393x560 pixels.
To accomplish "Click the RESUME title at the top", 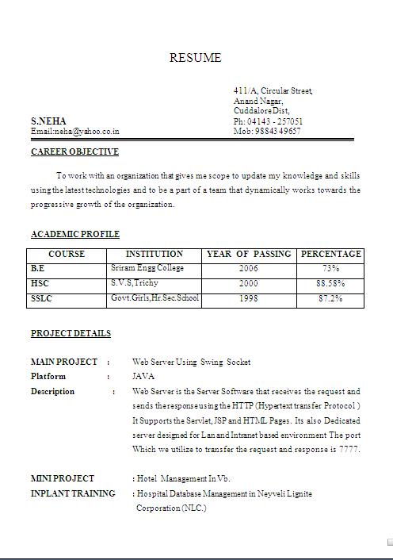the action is tap(195, 58).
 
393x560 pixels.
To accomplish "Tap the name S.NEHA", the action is tap(48, 121).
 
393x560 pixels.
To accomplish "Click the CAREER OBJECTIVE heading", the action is tap(74, 152).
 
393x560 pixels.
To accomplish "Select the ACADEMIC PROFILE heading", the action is tap(75, 234).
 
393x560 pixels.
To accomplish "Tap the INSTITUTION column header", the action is tap(155, 254).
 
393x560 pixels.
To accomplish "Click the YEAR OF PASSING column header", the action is tap(249, 254).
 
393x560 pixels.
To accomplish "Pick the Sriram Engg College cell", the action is tap(147, 268).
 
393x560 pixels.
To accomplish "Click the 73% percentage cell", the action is tap(330, 269).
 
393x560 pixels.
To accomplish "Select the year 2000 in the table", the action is tap(248, 283).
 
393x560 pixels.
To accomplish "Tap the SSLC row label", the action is tap(42, 299).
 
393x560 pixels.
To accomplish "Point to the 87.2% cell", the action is tap(330, 299).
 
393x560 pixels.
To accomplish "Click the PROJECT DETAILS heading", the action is tap(71, 333).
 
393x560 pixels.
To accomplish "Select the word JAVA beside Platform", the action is tap(143, 376).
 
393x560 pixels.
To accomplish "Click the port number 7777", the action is tap(349, 449).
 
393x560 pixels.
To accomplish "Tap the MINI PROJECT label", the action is tap(63, 478).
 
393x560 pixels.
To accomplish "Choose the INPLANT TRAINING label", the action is tap(73, 493).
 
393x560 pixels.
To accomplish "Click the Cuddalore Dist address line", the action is tap(261, 111).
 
